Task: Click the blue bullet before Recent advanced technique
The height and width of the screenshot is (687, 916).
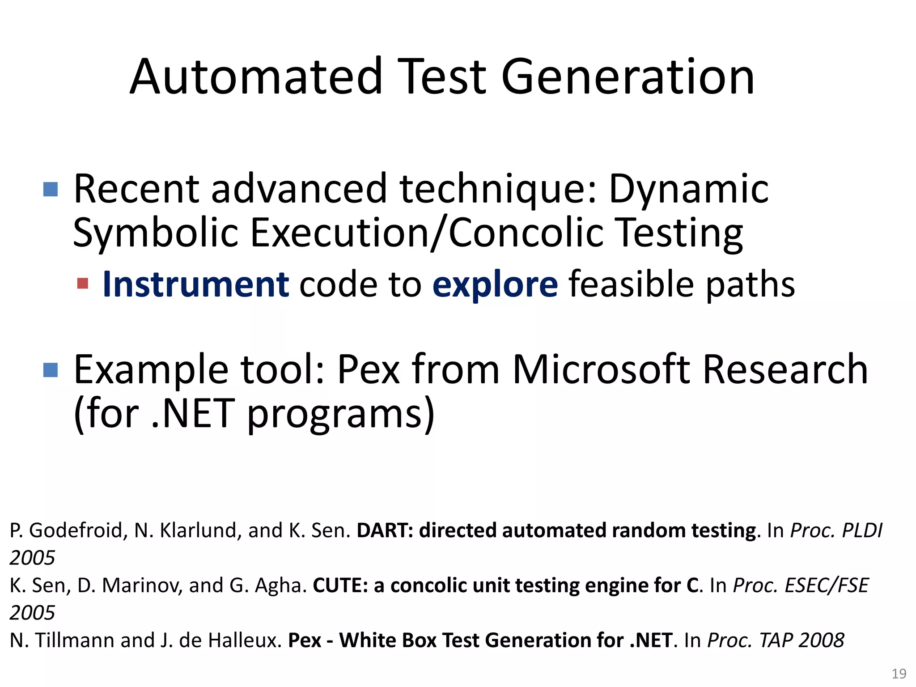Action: point(51,189)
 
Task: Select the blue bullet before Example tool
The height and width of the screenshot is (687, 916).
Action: point(51,370)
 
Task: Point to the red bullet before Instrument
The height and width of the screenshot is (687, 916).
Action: point(83,284)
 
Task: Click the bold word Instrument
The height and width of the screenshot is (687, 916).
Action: point(195,284)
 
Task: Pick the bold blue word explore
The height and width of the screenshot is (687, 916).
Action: point(495,284)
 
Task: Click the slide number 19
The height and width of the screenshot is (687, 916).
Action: point(899,674)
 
